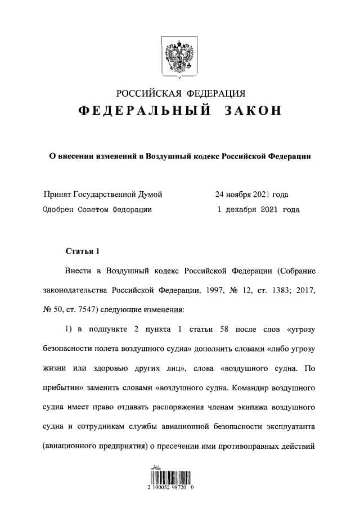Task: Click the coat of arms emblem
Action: (x=179, y=56)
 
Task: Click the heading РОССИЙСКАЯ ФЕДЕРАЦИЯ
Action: (x=180, y=93)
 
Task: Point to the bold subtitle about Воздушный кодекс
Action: (x=180, y=157)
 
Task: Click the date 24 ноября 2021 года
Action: (x=251, y=195)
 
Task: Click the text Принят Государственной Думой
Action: (x=103, y=195)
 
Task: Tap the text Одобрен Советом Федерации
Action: (x=97, y=209)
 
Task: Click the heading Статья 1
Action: (x=83, y=250)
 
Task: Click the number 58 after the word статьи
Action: (x=215, y=329)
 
